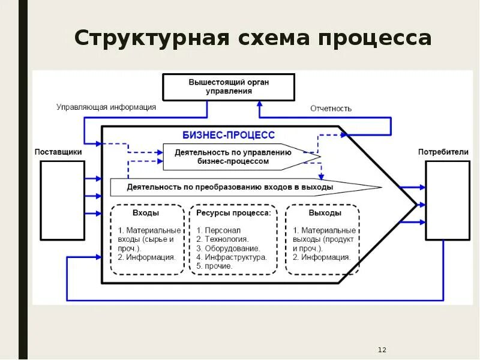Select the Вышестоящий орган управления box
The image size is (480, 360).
pos(229,87)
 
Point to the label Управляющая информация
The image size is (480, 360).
pos(106,107)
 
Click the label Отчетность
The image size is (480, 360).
pos(331,109)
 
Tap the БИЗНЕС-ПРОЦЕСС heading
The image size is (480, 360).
pos(229,136)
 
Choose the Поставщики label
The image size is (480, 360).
pos(58,152)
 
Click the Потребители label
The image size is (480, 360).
pos(443,152)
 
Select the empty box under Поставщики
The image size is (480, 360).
pos(62,200)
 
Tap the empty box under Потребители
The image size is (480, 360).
pos(448,200)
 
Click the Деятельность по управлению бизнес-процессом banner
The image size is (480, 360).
pos(234,157)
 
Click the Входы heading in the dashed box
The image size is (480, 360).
pos(146,213)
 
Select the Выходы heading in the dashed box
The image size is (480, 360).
pos(325,213)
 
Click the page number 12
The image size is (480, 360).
pos(382,349)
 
